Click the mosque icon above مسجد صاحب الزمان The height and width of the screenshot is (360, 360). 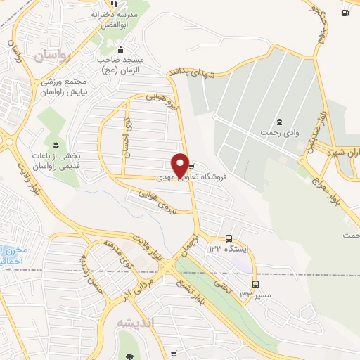click(120, 49)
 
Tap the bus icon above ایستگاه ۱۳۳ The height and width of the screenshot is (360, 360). click(229, 238)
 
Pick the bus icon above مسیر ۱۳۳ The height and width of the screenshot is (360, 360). click(255, 284)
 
